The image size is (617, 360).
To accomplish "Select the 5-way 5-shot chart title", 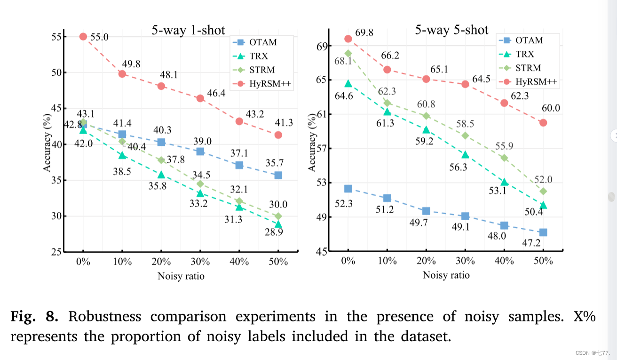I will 451,30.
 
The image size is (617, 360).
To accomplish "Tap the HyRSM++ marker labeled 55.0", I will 83,37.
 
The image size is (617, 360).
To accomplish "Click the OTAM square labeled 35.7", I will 278,175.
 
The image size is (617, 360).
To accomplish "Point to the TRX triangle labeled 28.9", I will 278,224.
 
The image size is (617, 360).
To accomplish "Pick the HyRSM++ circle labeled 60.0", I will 543,122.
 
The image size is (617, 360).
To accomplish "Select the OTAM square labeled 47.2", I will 543,232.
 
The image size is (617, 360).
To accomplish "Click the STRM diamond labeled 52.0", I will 543,191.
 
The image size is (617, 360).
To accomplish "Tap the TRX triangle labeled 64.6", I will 348,83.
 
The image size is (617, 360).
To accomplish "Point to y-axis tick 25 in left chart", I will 55,252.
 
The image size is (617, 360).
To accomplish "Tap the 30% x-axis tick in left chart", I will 200,262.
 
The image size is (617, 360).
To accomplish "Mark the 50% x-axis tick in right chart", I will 543,262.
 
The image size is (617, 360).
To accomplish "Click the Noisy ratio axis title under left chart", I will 181,276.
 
